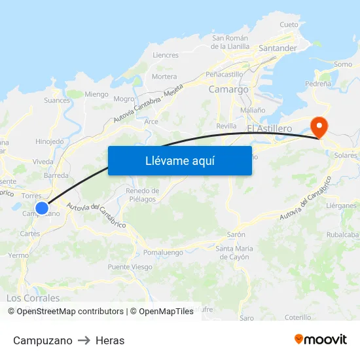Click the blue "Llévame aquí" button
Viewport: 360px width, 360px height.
coord(179,160)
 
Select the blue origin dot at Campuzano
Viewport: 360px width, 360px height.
coord(42,208)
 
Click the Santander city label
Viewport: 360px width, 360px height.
coord(278,48)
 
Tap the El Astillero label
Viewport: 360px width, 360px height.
coord(270,129)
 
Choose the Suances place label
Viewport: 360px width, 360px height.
coord(57,100)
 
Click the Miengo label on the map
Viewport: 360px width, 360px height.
coord(96,94)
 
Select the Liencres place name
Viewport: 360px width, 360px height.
coord(166,56)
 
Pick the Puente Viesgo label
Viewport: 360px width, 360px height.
coord(130,267)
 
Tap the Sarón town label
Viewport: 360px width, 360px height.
coord(236,234)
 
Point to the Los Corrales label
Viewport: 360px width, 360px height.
coord(33,298)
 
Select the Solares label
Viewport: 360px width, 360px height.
coord(345,155)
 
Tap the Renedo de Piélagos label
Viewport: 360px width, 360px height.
coord(141,194)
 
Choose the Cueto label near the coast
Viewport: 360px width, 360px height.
coord(289,24)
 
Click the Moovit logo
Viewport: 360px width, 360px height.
coord(320,340)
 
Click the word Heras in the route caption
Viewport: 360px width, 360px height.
coord(110,340)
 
